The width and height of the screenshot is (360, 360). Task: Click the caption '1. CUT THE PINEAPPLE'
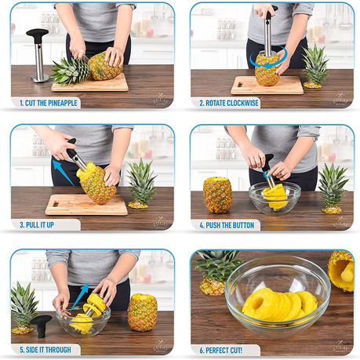pyautogui.click(x=49, y=103)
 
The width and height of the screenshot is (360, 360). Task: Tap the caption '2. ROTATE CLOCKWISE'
pyautogui.click(x=229, y=103)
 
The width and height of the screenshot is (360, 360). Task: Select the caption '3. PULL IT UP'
pyautogui.click(x=37, y=225)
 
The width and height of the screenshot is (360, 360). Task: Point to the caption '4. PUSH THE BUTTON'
pyautogui.click(x=227, y=225)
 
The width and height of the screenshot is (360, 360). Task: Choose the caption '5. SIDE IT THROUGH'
pyautogui.click(x=45, y=350)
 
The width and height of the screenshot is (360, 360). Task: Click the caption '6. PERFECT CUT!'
pyautogui.click(x=220, y=351)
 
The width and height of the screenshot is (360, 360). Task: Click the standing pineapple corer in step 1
pyautogui.click(x=38, y=56)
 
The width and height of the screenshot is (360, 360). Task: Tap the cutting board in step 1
pyautogui.click(x=90, y=84)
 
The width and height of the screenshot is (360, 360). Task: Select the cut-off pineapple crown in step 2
pyautogui.click(x=315, y=67)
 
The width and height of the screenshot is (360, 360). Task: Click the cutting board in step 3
pyautogui.click(x=86, y=205)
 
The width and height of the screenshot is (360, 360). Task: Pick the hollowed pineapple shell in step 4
pyautogui.click(x=217, y=195)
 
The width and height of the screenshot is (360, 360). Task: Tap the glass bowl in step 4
pyautogui.click(x=275, y=198)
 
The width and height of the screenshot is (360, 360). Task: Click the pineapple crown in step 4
pyautogui.click(x=332, y=188)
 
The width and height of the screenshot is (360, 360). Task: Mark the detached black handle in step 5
pyautogui.click(x=41, y=325)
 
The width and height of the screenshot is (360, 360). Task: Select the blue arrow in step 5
pyautogui.click(x=78, y=298)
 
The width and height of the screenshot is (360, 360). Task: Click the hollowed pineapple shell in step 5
pyautogui.click(x=143, y=312)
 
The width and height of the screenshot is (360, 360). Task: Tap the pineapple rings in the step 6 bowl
pyautogui.click(x=280, y=304)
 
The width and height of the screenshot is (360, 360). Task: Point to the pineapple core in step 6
pyautogui.click(x=347, y=273)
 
